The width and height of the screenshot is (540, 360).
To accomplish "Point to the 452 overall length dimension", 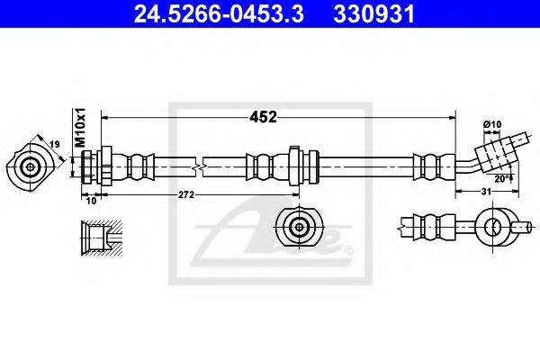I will (262, 117).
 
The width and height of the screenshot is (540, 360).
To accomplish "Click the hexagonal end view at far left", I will (31, 166).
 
